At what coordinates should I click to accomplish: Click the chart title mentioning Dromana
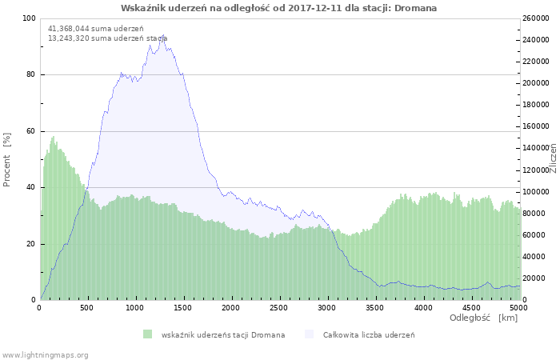pyautogui.click(x=279, y=7)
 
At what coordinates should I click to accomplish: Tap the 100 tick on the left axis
pyautogui.click(x=30, y=18)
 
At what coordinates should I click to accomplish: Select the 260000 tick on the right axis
pyautogui.click(x=536, y=18)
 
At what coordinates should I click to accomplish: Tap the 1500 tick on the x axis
pyautogui.click(x=183, y=307)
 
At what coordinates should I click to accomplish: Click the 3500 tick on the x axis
pyautogui.click(x=374, y=307)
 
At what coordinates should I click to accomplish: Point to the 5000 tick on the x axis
pyautogui.click(x=518, y=307)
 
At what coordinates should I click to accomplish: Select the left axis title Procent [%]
pyautogui.click(x=7, y=159)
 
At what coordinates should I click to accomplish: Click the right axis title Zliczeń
pyautogui.click(x=553, y=158)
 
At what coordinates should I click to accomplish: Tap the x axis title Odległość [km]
pyautogui.click(x=482, y=318)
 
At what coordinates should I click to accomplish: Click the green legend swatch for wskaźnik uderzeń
pyautogui.click(x=147, y=334)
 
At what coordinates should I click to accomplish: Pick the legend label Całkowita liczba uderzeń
pyautogui.click(x=369, y=334)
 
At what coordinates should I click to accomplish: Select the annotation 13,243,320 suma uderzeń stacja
pyautogui.click(x=107, y=38)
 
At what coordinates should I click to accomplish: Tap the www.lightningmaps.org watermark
pyautogui.click(x=45, y=354)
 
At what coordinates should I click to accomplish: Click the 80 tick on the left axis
pyautogui.click(x=31, y=75)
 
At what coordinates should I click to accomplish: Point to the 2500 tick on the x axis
pyautogui.click(x=278, y=307)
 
